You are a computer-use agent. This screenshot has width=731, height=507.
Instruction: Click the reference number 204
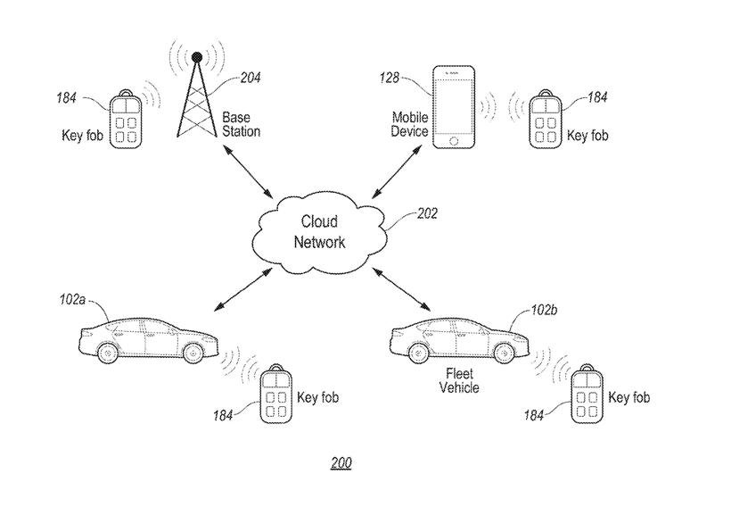251,79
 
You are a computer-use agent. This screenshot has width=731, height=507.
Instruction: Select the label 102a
72,303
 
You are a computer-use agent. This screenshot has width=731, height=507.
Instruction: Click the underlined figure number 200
341,463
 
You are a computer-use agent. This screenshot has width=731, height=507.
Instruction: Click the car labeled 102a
147,340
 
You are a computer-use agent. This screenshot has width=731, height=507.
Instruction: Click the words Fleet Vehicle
460,380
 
